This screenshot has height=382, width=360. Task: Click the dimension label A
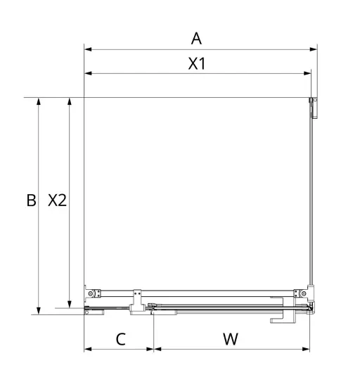point(196,39)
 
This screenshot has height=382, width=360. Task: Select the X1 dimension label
point(197,63)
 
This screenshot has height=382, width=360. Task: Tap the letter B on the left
point(31,200)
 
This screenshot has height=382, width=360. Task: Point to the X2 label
point(57,200)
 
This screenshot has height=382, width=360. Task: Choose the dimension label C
point(121,339)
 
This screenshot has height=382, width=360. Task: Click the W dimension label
point(231,339)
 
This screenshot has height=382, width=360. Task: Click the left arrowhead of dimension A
point(88,49)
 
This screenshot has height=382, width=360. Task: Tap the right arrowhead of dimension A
point(314,49)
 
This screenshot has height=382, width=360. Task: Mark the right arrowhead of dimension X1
point(307,73)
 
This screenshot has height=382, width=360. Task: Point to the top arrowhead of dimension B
point(39,101)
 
